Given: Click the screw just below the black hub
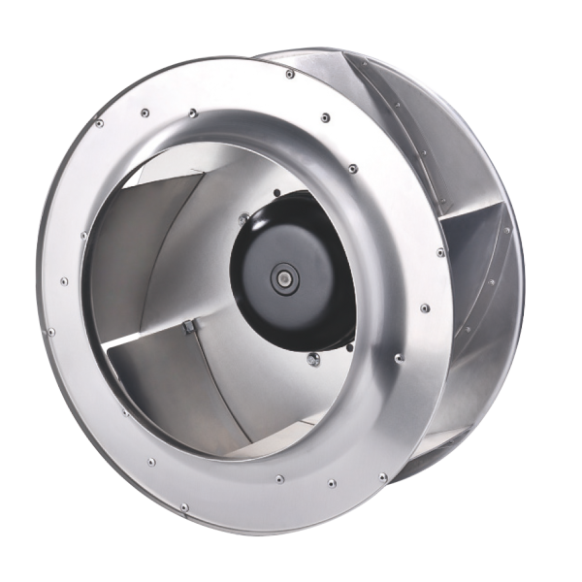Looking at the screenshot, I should tap(312, 360).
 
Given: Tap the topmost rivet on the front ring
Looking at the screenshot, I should tap(289, 73).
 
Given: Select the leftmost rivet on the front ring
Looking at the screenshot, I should tap(50, 331).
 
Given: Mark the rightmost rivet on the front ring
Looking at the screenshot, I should tap(440, 253).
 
